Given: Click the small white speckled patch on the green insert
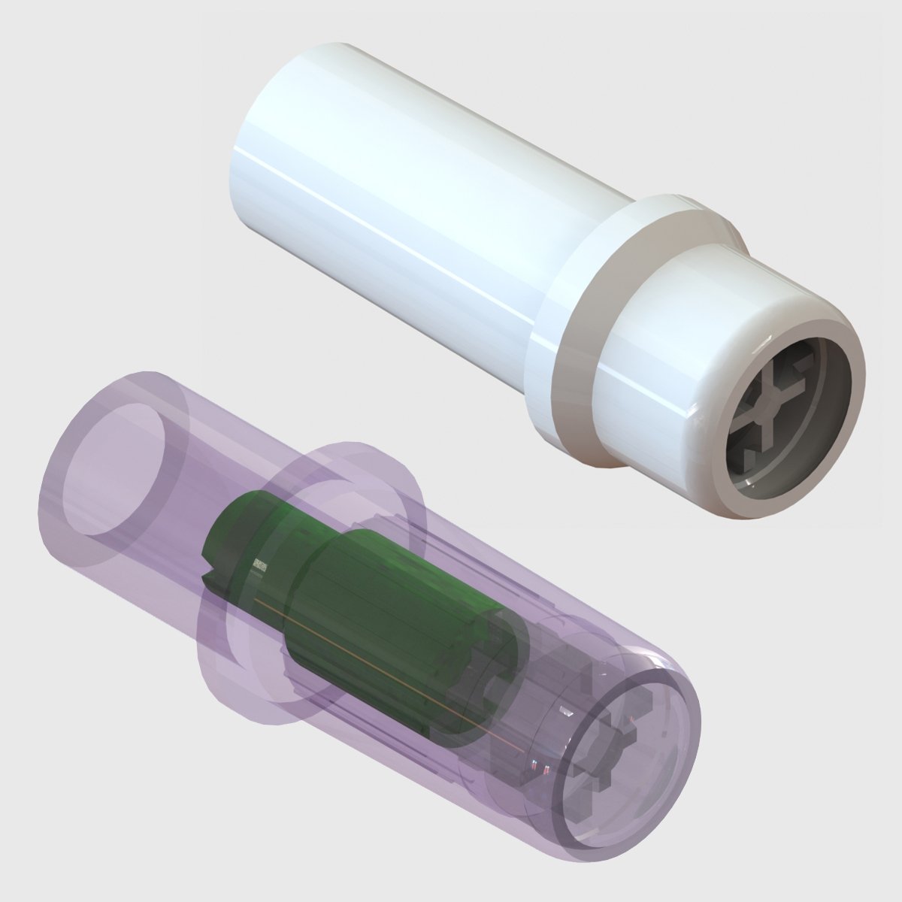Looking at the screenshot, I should (260, 566).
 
